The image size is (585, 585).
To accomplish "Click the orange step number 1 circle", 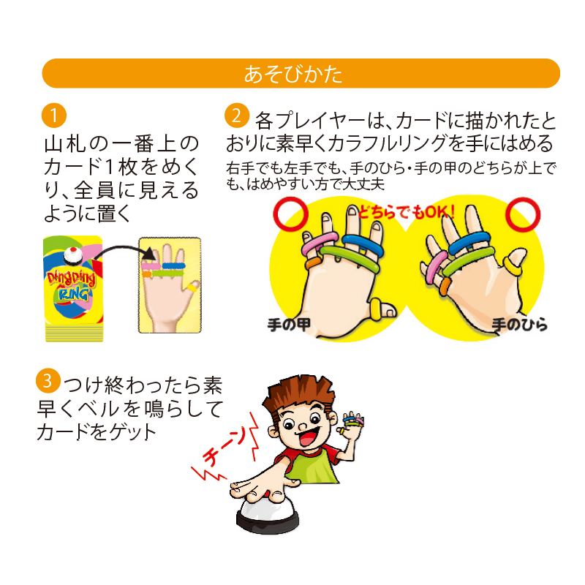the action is pyautogui.click(x=54, y=116).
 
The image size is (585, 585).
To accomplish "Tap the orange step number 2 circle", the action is pyautogui.click(x=237, y=116).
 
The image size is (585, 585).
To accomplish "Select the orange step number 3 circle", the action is pyautogui.click(x=48, y=380).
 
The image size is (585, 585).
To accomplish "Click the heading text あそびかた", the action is pyautogui.click(x=293, y=74).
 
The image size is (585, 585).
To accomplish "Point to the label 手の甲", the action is pyautogui.click(x=289, y=324).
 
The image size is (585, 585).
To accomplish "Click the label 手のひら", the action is pyautogui.click(x=519, y=324).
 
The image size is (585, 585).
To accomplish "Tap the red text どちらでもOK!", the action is pyautogui.click(x=407, y=212).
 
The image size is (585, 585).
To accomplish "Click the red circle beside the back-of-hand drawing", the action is pyautogui.click(x=290, y=214).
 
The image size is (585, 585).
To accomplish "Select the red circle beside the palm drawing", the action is pyautogui.click(x=523, y=214).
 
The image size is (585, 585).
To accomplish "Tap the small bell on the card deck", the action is pyautogui.click(x=72, y=256).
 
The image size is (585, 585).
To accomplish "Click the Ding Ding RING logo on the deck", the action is pyautogui.click(x=71, y=285).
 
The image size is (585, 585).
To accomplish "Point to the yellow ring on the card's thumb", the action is pyautogui.click(x=192, y=287).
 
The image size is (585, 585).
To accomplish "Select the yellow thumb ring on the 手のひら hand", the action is pyautogui.click(x=513, y=266).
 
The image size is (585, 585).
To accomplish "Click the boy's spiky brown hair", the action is pyautogui.click(x=297, y=394).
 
